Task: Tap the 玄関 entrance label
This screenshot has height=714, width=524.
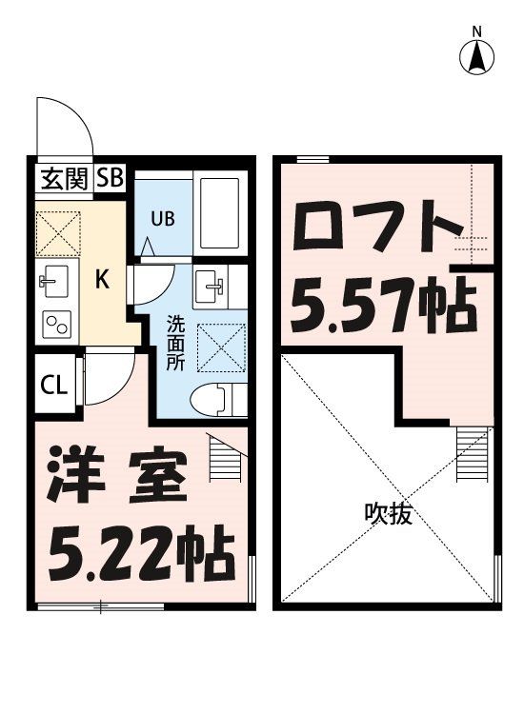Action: point(65,178)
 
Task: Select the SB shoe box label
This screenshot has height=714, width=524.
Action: point(109,178)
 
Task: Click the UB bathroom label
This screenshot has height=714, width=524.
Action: point(161,218)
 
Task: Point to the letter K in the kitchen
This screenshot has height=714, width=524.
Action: point(104,280)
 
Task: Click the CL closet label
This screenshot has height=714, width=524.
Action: point(53,386)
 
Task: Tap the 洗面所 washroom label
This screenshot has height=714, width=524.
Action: point(176,342)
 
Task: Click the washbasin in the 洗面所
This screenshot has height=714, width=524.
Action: point(212,284)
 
